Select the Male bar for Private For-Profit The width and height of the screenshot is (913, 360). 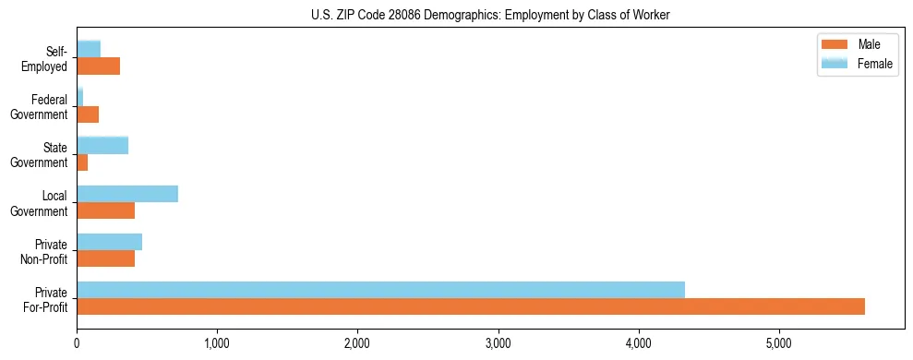click(x=471, y=306)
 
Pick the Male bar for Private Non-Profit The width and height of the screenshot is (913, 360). click(x=105, y=258)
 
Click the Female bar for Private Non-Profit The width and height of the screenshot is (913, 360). click(x=109, y=241)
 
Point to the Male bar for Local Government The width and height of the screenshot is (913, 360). click(x=105, y=211)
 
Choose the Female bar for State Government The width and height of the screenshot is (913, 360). click(x=102, y=145)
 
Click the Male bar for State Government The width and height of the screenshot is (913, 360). click(x=82, y=162)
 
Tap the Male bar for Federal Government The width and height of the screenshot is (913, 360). click(x=88, y=114)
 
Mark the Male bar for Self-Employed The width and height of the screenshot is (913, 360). click(x=98, y=66)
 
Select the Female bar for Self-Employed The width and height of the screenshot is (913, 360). click(x=89, y=49)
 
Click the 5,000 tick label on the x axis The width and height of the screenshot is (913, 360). click(x=779, y=344)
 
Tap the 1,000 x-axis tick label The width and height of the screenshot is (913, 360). click(x=217, y=344)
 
